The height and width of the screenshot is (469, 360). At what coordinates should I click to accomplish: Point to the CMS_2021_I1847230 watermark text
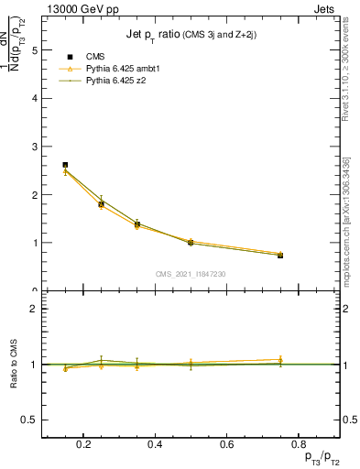point(191,274)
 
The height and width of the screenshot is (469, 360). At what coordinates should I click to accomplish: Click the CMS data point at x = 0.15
point(65,165)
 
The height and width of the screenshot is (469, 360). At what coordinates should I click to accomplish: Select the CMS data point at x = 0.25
point(101,204)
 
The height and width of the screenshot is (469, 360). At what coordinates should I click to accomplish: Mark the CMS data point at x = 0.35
point(136,224)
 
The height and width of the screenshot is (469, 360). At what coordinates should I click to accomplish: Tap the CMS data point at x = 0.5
point(191,243)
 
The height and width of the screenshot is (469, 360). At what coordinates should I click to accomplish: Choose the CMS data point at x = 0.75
point(280,256)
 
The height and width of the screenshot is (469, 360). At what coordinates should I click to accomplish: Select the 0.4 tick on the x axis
point(155,445)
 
